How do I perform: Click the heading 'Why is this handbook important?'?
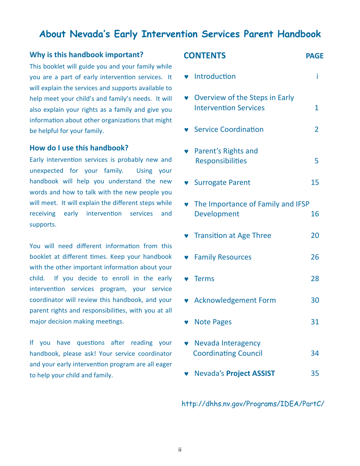coord(86,55)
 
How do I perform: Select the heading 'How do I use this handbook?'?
coord(79,148)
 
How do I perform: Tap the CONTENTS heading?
coord(205,56)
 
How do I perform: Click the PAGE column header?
coord(315,56)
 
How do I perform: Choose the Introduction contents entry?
coord(215,77)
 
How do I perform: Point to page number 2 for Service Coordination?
coord(316,130)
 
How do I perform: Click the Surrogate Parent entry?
coord(222,183)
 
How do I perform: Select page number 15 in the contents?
coord(315,183)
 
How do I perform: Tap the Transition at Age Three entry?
coord(233,236)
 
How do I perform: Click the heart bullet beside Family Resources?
coord(186,258)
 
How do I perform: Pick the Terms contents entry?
coord(204,279)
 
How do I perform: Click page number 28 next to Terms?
coord(315,279)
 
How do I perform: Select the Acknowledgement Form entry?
coord(235,300)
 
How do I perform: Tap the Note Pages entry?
coord(213,322)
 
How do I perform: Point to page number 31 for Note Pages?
coord(315,322)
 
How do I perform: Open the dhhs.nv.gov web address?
coord(253,404)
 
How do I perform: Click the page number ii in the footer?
coord(180,450)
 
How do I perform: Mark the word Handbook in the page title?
coord(299,34)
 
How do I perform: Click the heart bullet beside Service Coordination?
coord(186,130)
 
